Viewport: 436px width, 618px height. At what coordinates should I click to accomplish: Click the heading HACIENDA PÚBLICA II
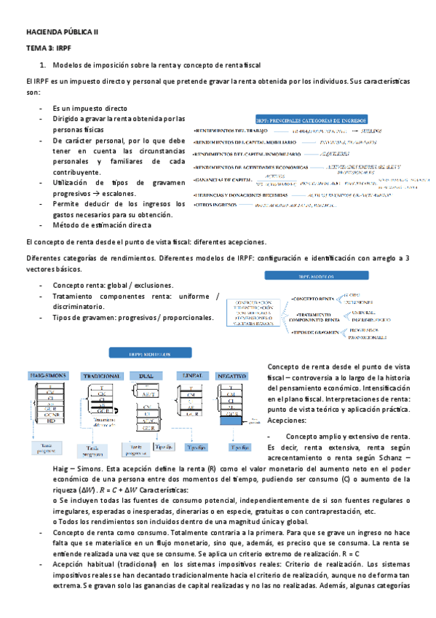pos(56,34)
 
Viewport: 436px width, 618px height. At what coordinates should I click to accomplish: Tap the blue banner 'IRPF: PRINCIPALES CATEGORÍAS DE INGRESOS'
pos(312,119)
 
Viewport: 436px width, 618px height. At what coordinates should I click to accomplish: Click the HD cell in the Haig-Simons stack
pos(50,421)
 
